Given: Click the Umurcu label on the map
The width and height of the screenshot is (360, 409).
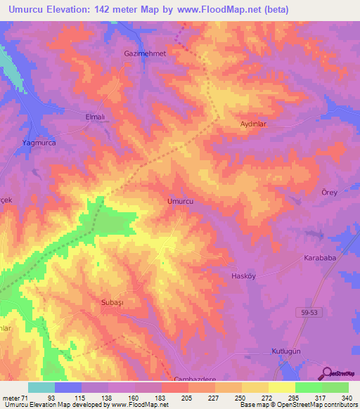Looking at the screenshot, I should [180, 201].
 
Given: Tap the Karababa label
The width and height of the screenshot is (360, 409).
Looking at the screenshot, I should [321, 258].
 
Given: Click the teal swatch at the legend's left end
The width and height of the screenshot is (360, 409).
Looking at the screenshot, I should [41, 387].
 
